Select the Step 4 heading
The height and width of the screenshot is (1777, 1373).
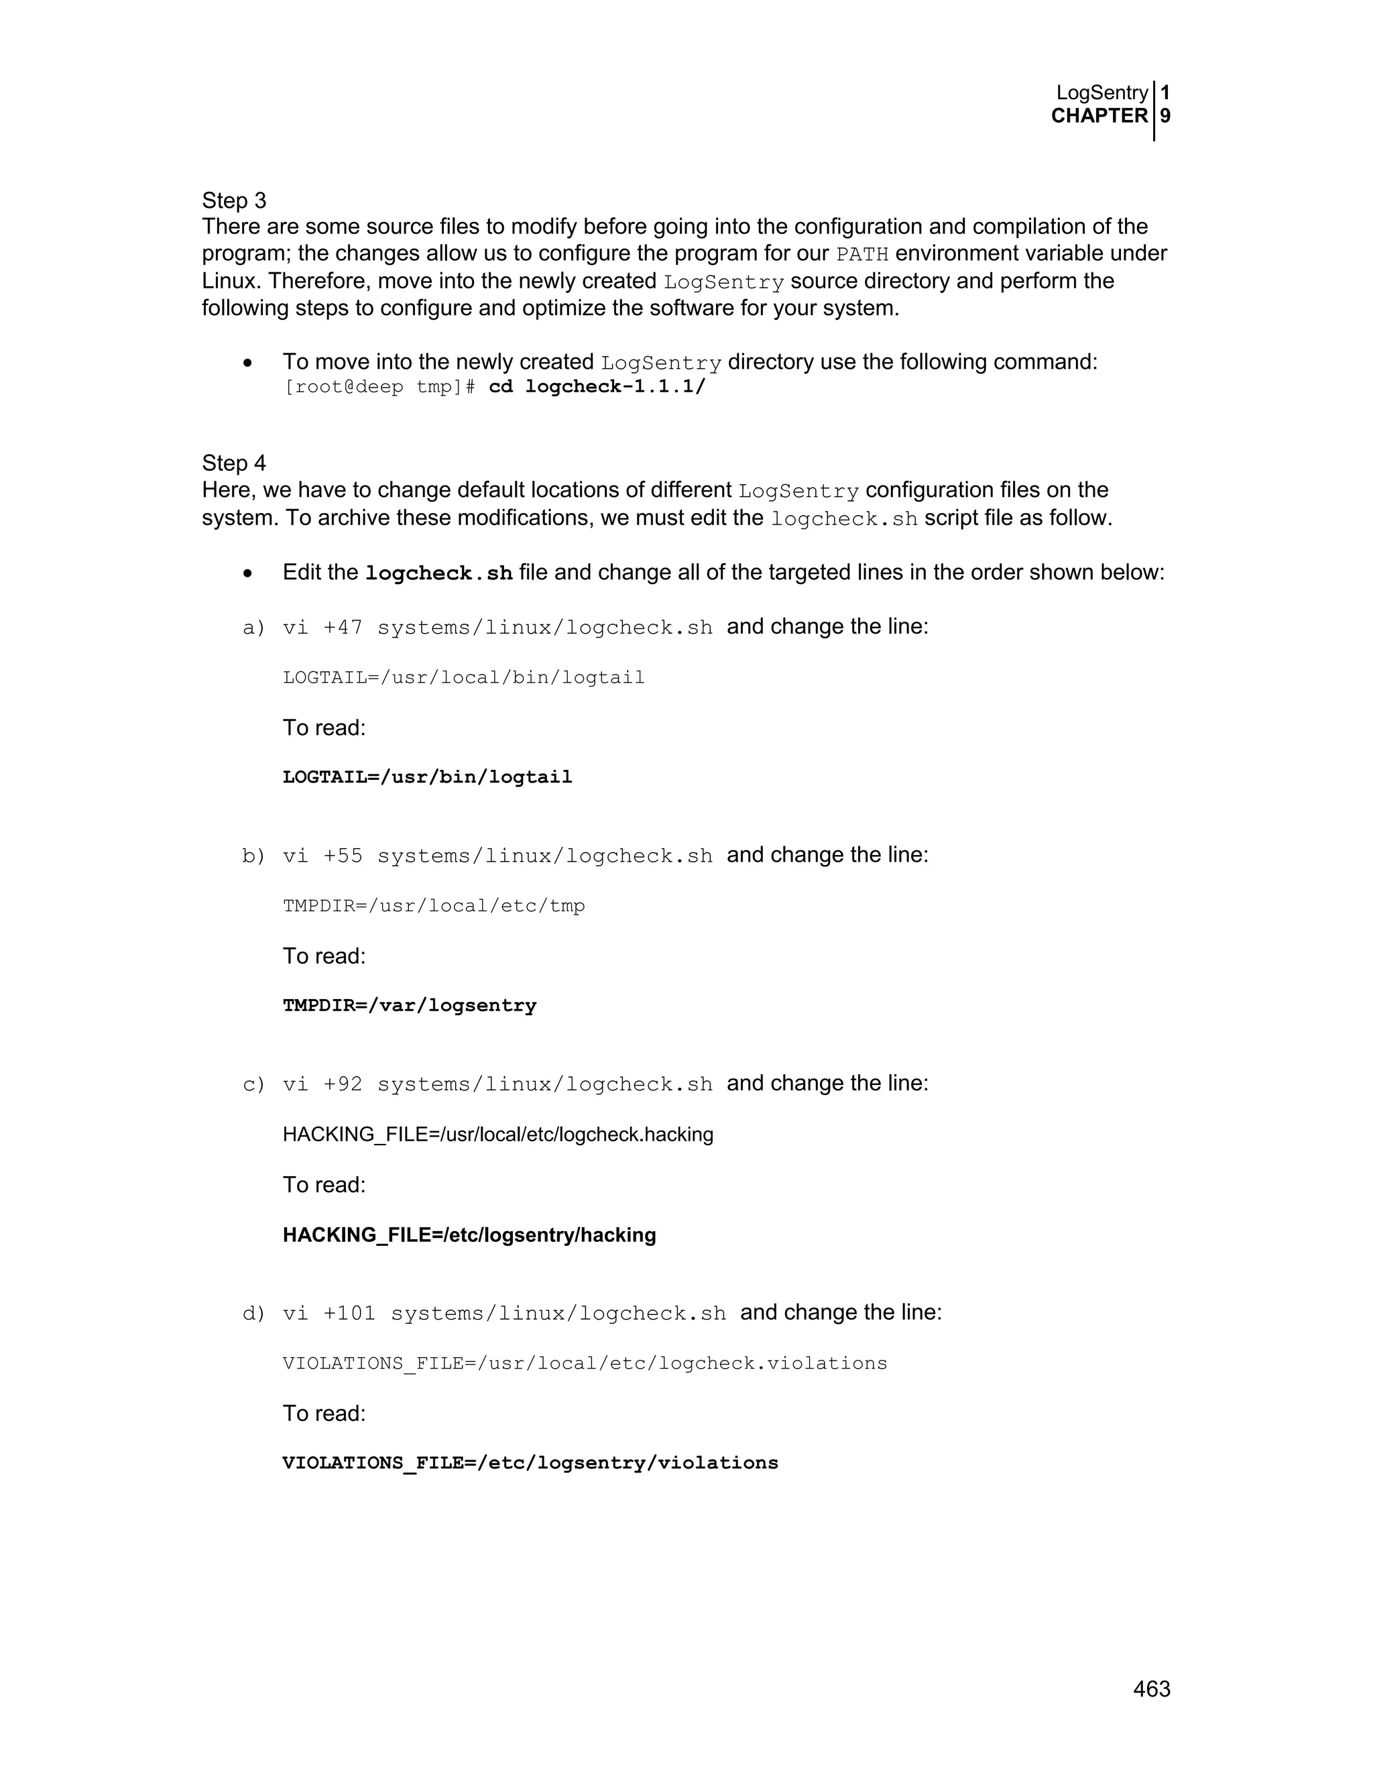234,463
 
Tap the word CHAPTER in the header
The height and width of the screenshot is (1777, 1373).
1099,115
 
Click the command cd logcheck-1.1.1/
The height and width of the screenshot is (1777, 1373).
597,386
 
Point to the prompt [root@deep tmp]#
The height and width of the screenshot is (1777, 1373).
379,386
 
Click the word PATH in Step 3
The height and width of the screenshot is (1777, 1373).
862,254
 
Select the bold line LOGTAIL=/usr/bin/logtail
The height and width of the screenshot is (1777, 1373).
427,777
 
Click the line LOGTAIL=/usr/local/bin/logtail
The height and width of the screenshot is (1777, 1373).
464,678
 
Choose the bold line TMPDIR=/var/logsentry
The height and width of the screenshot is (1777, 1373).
409,1006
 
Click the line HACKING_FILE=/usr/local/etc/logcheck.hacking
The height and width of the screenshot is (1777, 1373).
498,1134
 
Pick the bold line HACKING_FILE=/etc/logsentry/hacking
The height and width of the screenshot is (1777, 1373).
469,1235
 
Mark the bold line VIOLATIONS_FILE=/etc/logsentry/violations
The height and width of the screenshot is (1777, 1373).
530,1463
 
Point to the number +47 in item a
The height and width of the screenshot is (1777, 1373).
343,628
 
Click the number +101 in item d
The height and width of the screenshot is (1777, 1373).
349,1313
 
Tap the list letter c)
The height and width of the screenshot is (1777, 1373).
254,1084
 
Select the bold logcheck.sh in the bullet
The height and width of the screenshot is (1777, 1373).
439,573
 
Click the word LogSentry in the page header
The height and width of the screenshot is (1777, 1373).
1101,93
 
